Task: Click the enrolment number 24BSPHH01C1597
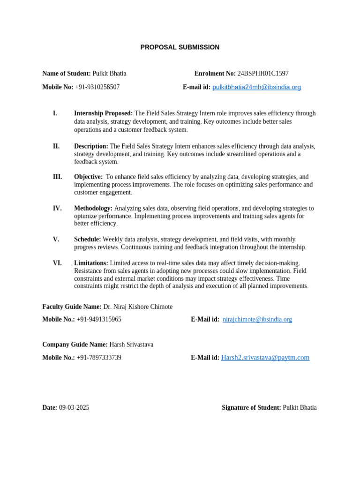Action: click(263, 74)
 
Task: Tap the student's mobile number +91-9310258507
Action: click(97, 87)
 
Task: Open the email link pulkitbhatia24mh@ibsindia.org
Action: click(256, 87)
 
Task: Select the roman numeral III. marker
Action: click(57, 177)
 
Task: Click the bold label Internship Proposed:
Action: click(103, 113)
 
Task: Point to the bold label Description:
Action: click(91, 146)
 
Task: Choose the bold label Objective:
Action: click(88, 177)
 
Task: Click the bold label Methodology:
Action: click(93, 208)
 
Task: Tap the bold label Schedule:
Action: click(88, 240)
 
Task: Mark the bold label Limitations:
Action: click(91, 263)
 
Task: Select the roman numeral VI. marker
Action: click(57, 263)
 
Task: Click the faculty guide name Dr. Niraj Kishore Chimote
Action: click(138, 307)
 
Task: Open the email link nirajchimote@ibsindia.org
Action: click(257, 319)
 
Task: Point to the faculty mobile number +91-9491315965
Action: click(99, 319)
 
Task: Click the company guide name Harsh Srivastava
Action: click(131, 345)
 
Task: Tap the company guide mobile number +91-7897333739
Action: click(99, 358)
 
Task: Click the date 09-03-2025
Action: click(74, 408)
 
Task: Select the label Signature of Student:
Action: click(251, 408)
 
